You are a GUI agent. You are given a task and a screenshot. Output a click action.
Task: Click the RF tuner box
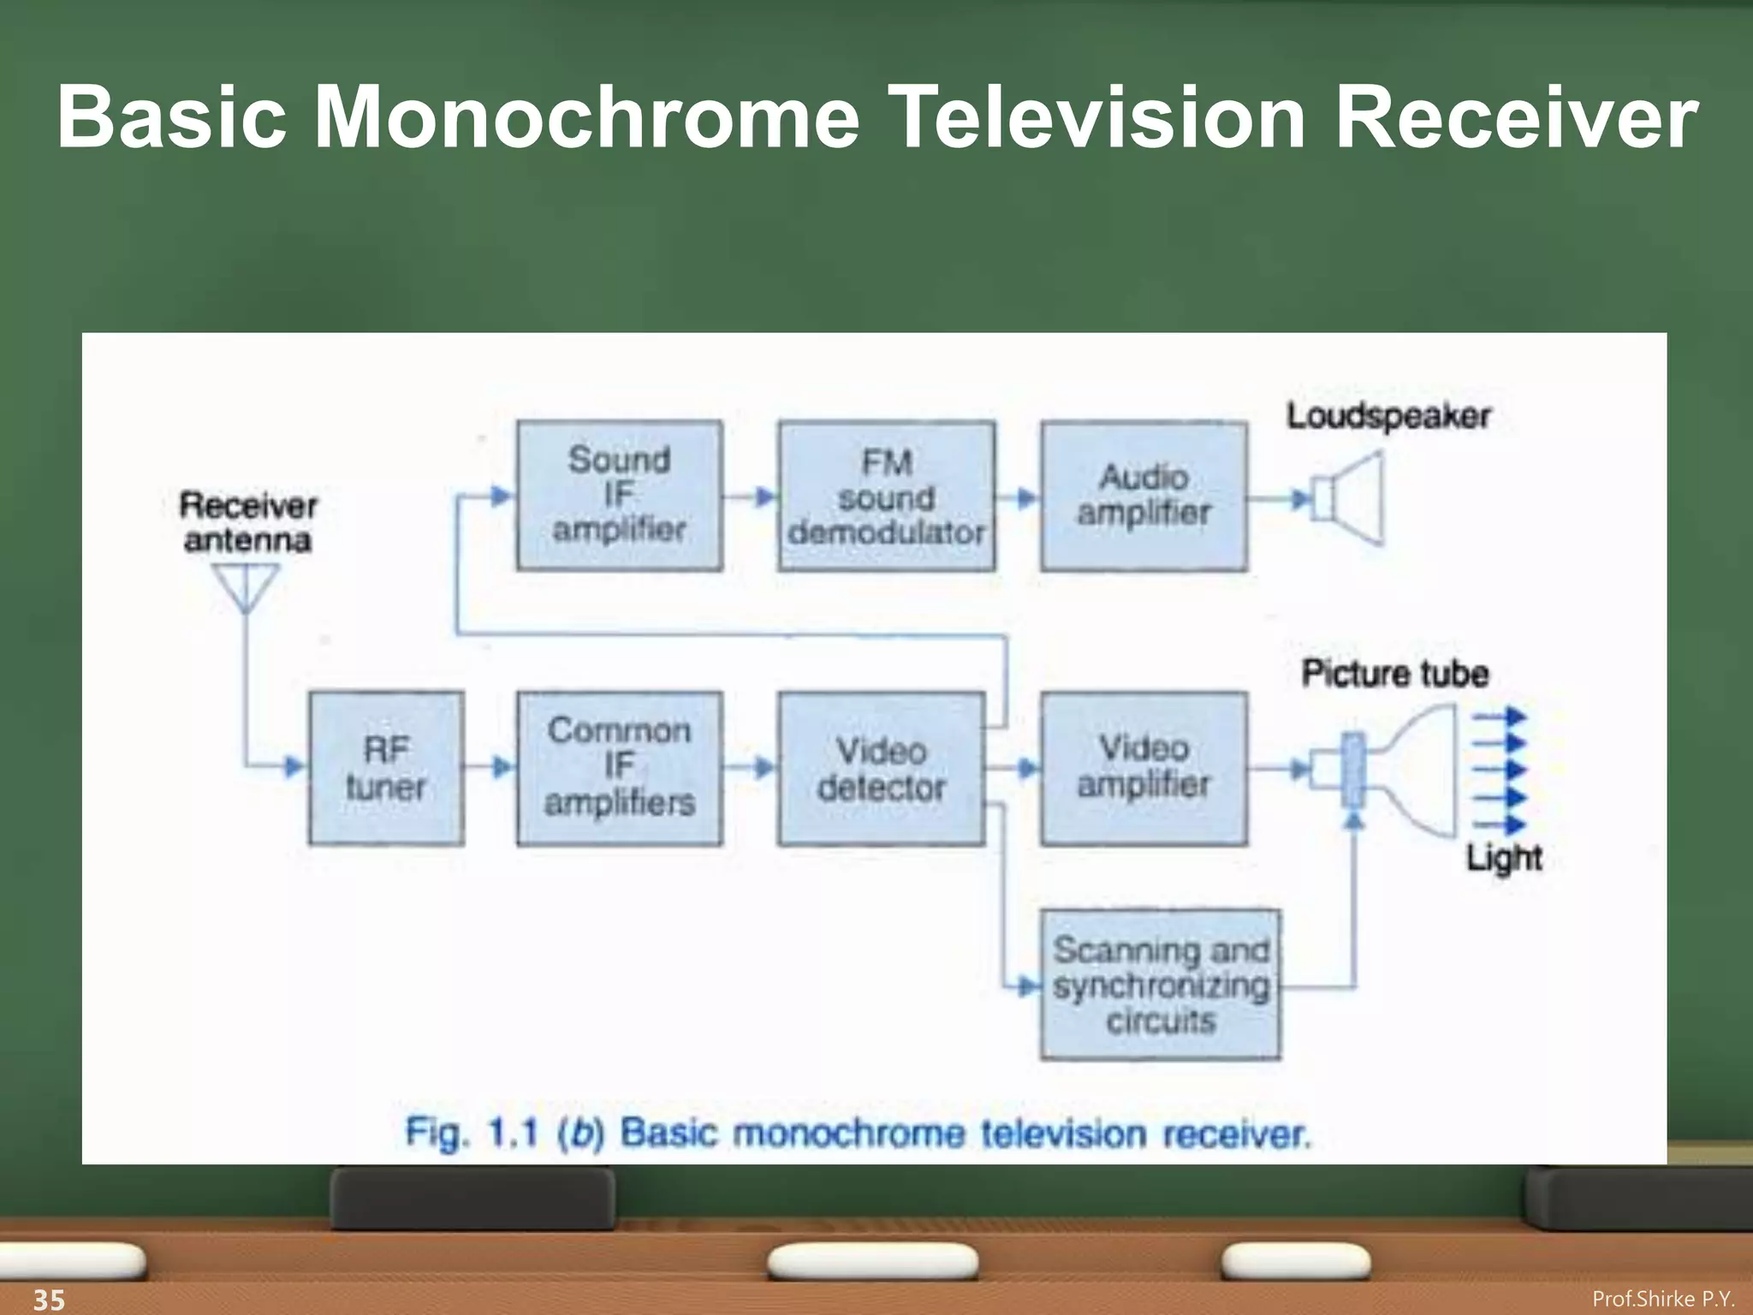click(x=386, y=768)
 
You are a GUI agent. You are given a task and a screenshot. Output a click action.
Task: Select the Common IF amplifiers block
click(x=620, y=768)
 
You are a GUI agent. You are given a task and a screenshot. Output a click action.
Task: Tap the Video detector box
click(x=881, y=768)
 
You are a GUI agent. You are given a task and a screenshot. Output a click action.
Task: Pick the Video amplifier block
click(x=1144, y=768)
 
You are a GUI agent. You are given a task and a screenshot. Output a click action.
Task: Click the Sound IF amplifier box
click(x=620, y=495)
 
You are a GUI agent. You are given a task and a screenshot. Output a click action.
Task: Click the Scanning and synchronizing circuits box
click(x=1161, y=985)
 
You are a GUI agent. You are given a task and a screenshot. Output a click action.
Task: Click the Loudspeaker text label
click(x=1388, y=416)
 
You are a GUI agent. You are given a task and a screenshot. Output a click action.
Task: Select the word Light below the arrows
click(x=1504, y=858)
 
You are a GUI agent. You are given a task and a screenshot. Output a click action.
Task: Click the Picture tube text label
click(x=1395, y=674)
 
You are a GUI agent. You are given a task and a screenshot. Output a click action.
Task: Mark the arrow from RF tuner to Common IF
click(x=492, y=767)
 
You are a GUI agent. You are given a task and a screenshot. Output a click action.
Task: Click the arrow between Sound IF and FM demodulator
click(x=752, y=497)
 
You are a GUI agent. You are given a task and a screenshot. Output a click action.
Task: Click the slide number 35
click(x=49, y=1299)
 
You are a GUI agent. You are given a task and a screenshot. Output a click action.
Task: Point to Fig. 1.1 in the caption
click(x=471, y=1133)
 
